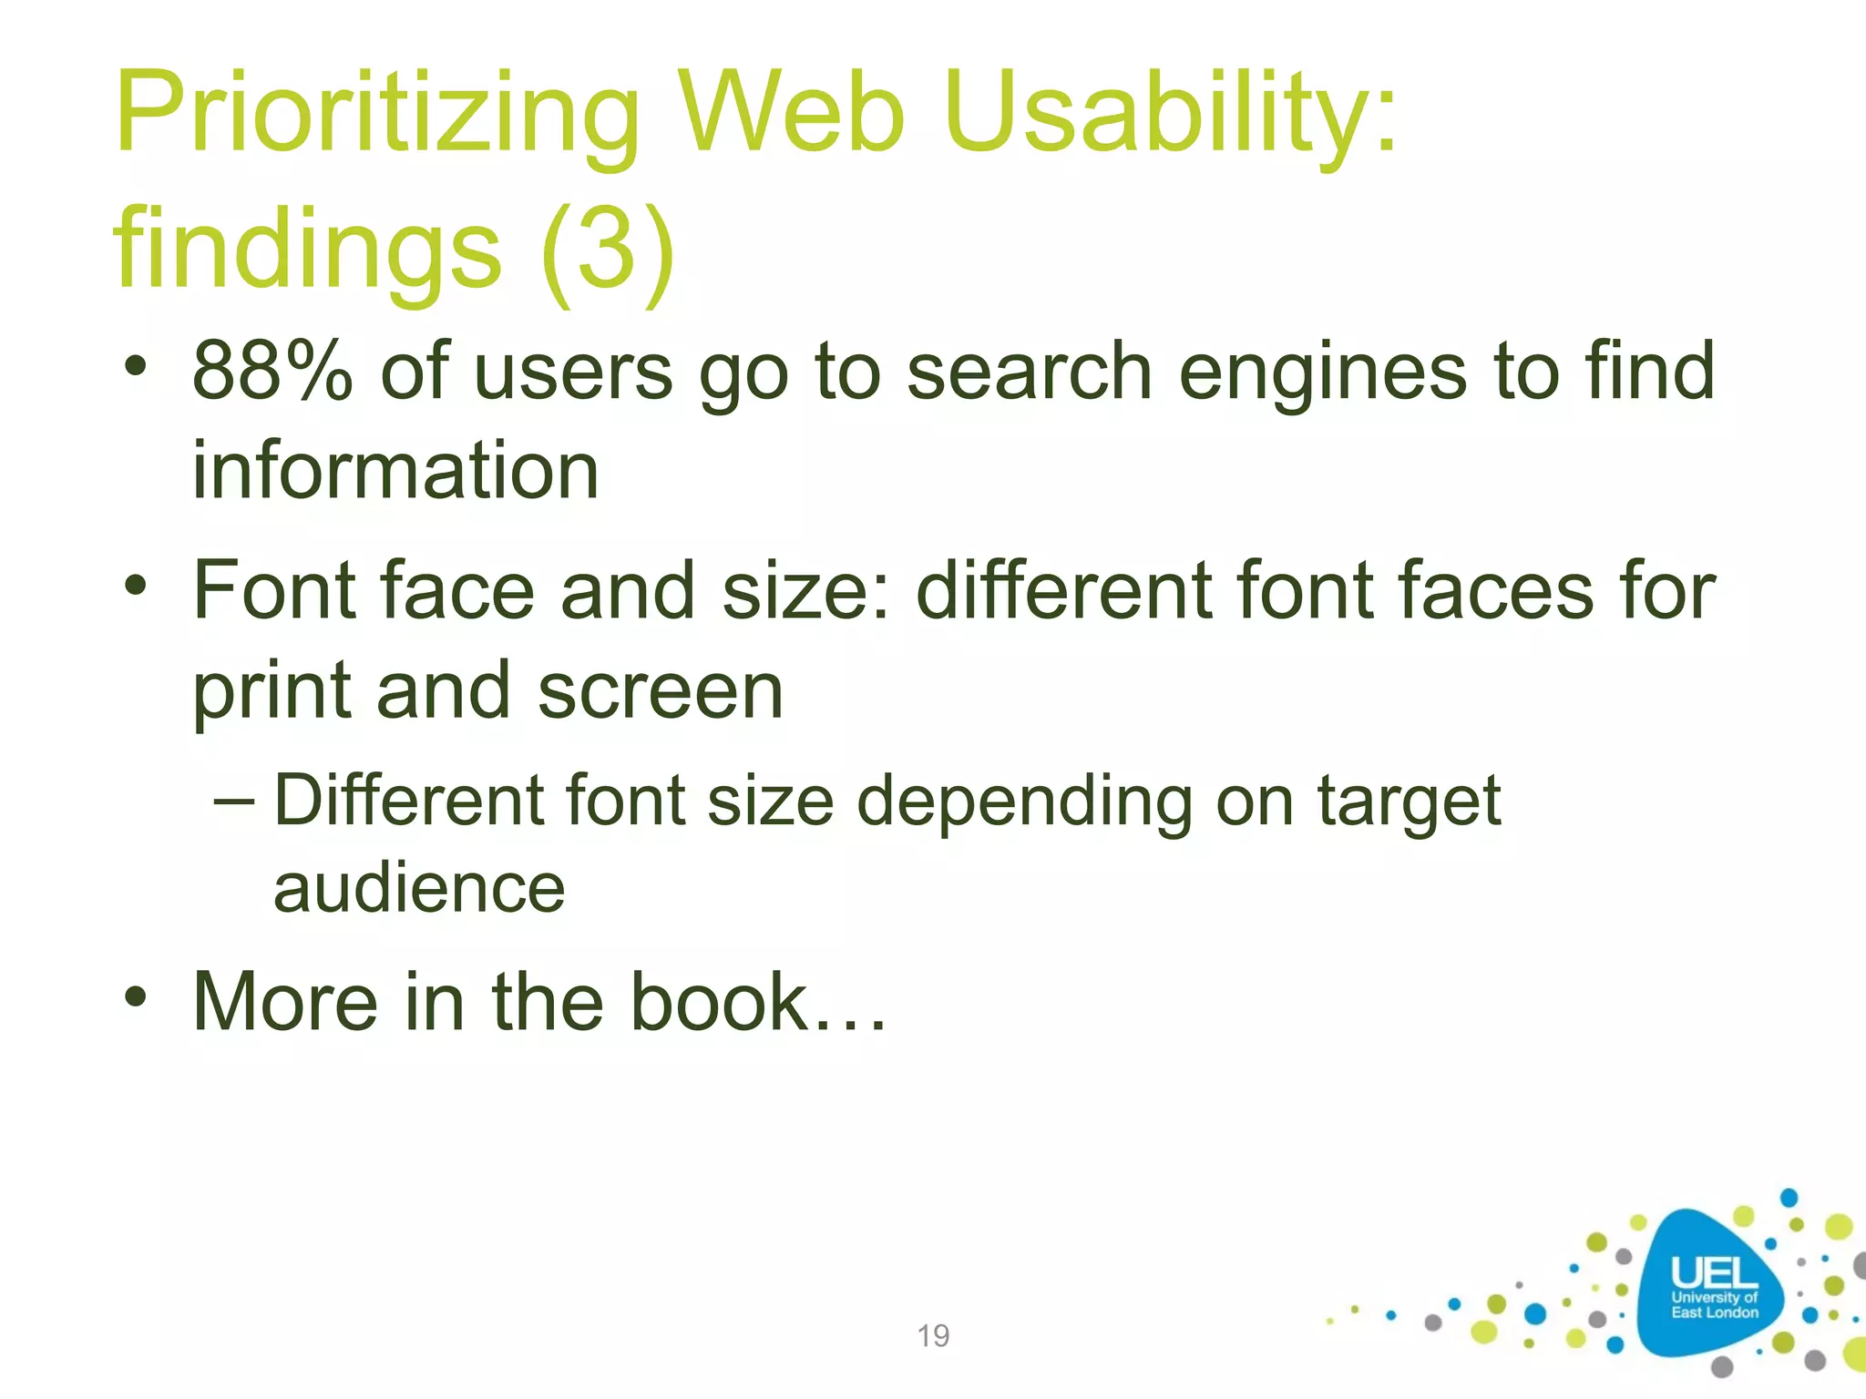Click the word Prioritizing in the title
click(378, 116)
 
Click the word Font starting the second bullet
click(273, 590)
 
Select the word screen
click(660, 690)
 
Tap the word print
click(272, 690)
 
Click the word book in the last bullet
click(719, 1002)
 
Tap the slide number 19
click(933, 1335)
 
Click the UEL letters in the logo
click(1714, 1273)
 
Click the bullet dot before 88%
click(136, 368)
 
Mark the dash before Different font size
click(234, 801)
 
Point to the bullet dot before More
click(136, 996)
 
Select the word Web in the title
click(793, 116)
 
